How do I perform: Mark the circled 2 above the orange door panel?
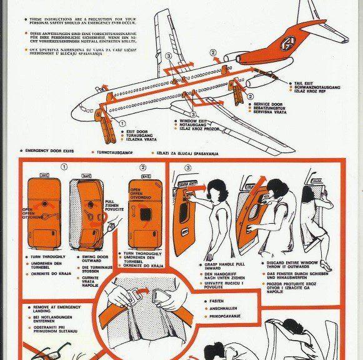coord(142,167)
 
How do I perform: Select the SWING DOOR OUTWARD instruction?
coord(94,259)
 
